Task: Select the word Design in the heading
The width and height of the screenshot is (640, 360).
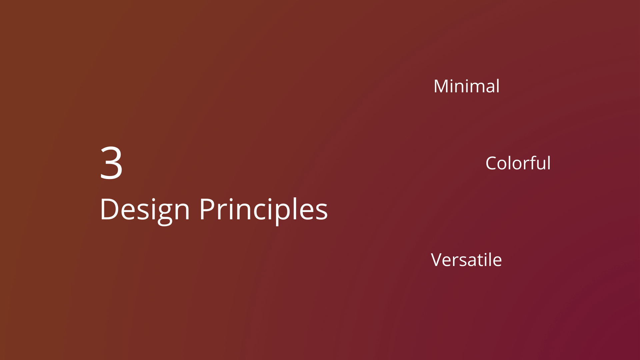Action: click(x=145, y=210)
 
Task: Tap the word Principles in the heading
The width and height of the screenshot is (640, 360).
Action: click(x=264, y=210)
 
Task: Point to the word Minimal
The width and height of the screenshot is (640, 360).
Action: click(x=467, y=86)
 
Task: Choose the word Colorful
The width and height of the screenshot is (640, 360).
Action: click(x=518, y=163)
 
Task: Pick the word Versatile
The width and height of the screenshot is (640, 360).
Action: click(x=466, y=260)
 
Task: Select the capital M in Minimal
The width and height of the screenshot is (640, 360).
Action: click(x=441, y=87)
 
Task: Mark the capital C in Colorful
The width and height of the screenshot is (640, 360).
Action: click(x=492, y=164)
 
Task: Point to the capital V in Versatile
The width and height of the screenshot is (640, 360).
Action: click(x=437, y=260)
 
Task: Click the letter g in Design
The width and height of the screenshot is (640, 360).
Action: click(x=164, y=215)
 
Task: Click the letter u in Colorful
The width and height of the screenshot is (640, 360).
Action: click(x=540, y=165)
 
